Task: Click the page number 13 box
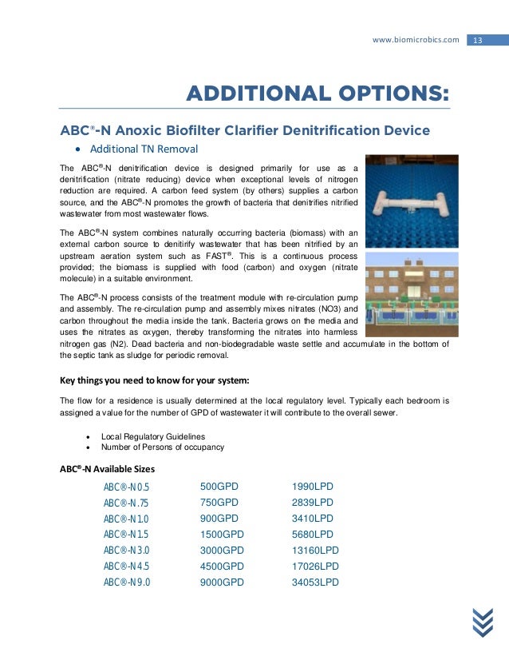[x=479, y=40]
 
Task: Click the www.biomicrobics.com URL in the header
[x=422, y=40]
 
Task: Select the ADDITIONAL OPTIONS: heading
[x=317, y=93]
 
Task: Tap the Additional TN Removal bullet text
[x=144, y=149]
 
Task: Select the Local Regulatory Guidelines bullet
[x=152, y=436]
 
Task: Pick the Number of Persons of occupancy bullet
[x=162, y=447]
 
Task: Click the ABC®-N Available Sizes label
[x=109, y=468]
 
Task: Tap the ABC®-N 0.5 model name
[x=126, y=487]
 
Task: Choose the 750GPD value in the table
[x=219, y=503]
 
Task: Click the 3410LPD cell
[x=313, y=519]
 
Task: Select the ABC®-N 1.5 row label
[x=126, y=535]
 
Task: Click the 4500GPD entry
[x=222, y=567]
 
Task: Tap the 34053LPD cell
[x=316, y=582]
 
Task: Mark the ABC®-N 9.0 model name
[x=126, y=582]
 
